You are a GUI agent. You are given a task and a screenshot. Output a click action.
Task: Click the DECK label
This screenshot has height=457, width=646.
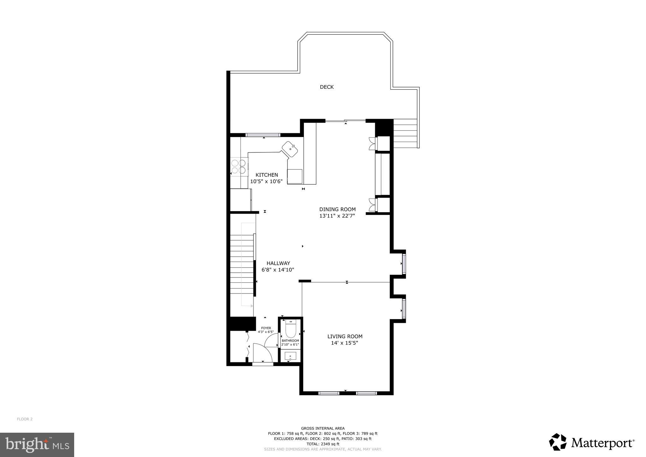coord(327,87)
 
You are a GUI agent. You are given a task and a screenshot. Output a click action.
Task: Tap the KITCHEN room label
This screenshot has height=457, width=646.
coord(267,175)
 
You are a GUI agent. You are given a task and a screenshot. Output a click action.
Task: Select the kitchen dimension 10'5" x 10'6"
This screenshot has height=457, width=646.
coord(266,181)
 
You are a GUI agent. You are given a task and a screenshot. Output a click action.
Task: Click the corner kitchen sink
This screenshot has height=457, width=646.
coord(290,149)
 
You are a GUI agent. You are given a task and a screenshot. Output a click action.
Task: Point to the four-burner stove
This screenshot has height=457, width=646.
coord(238,167)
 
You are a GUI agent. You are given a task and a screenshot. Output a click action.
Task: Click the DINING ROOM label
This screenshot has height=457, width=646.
coord(337,209)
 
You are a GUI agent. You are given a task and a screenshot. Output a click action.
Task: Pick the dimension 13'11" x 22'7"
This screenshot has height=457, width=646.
coord(337,216)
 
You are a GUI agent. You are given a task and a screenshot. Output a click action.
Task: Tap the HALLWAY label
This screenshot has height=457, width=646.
coord(278,263)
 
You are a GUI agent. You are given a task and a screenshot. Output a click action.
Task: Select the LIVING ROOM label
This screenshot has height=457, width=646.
coord(345,336)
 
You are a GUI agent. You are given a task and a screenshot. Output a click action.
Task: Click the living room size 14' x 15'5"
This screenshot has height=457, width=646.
coord(345,343)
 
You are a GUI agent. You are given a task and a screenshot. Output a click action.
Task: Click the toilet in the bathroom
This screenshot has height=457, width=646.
coord(290,329)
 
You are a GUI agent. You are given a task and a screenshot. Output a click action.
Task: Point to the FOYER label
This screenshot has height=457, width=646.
coord(266,328)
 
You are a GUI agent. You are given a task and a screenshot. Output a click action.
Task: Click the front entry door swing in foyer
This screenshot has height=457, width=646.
coord(263,353)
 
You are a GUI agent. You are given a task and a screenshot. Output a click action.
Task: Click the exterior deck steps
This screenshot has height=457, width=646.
coord(405,134)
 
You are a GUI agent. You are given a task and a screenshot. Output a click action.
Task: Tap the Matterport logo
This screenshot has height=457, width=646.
coord(592,443)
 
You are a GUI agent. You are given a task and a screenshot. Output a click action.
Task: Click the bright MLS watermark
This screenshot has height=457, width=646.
coord(37,445)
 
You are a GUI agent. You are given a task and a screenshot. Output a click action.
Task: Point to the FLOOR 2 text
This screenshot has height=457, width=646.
coord(25,419)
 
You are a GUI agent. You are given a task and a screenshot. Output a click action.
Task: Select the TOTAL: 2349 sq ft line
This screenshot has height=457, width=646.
coord(323,444)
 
